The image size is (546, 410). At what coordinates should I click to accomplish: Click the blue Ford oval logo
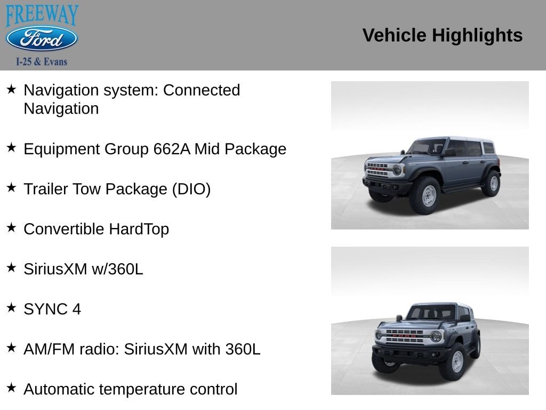point(42,38)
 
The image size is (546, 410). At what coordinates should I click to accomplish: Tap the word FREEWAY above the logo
point(42,14)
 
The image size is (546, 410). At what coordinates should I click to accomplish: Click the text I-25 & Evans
point(42,62)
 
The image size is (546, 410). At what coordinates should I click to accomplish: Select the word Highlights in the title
point(477,36)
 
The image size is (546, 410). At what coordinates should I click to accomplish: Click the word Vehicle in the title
point(394,35)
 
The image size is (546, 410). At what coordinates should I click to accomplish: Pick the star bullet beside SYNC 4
point(11,307)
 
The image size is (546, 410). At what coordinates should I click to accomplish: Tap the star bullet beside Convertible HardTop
point(11,227)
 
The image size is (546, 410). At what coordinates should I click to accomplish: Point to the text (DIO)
point(191,190)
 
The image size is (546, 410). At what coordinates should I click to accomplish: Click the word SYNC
point(46,309)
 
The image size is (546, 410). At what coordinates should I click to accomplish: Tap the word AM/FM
point(49,349)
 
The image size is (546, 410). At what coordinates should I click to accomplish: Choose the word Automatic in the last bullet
point(59,389)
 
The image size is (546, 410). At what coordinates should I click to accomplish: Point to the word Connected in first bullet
point(202,90)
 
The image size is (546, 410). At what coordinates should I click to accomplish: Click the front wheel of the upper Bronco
point(426,195)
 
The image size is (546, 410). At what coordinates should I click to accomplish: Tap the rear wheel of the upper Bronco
point(492,183)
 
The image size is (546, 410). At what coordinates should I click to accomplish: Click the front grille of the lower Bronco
point(404,336)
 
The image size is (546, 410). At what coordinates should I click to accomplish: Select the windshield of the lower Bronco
point(431,312)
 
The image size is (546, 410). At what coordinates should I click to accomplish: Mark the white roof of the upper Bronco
point(456,139)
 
